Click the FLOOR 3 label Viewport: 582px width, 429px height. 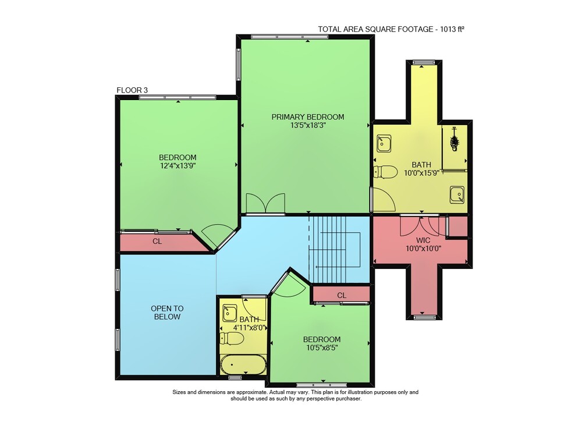(x=132, y=90)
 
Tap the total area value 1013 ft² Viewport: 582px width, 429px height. (x=452, y=29)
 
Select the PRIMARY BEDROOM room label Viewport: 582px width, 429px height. (x=308, y=117)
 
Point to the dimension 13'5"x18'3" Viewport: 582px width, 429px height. (x=308, y=125)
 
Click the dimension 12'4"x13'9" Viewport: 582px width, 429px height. (x=178, y=166)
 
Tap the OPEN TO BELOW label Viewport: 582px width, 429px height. (x=167, y=313)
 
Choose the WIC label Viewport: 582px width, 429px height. (x=423, y=240)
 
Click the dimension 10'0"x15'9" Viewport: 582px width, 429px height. (x=421, y=173)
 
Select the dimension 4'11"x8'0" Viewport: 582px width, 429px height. (x=250, y=328)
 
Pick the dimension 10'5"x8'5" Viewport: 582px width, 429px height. (x=322, y=348)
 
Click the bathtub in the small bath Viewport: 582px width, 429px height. (x=243, y=365)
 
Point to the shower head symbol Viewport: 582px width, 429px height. (x=454, y=140)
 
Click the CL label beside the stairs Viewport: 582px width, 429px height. (x=342, y=295)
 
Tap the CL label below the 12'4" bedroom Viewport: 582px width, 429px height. (x=157, y=242)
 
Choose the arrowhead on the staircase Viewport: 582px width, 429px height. (x=316, y=267)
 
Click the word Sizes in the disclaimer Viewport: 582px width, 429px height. (x=179, y=392)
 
